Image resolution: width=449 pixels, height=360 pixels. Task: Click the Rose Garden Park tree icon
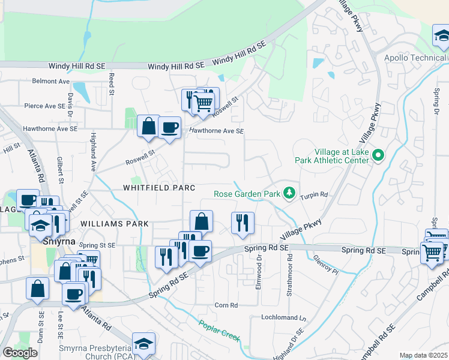click(x=290, y=193)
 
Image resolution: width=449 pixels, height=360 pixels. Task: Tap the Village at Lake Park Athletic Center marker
click(x=378, y=156)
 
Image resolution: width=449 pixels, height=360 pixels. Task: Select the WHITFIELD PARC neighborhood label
click(x=159, y=188)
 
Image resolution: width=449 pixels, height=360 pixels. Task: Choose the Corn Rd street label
click(x=226, y=305)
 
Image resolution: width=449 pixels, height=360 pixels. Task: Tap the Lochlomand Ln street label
click(x=283, y=317)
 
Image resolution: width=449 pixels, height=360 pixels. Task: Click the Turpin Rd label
click(x=315, y=195)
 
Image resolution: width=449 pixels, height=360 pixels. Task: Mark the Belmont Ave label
click(x=51, y=81)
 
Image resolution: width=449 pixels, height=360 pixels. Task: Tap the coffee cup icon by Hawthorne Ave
click(x=170, y=127)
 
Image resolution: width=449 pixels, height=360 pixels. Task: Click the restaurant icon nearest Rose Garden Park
click(x=243, y=223)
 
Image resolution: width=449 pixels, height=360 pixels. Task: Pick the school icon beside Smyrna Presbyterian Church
click(x=143, y=344)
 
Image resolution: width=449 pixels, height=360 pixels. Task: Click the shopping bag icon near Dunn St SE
click(x=37, y=288)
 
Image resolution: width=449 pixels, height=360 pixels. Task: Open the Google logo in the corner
click(x=20, y=353)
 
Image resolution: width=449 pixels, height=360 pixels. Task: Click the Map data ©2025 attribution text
click(x=423, y=355)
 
